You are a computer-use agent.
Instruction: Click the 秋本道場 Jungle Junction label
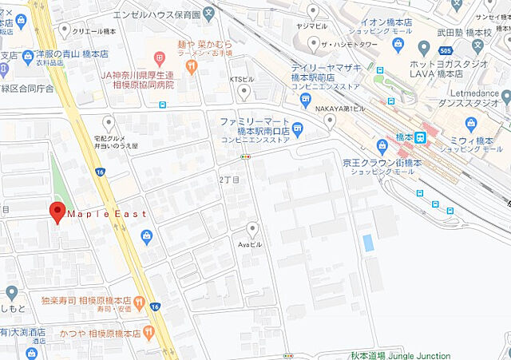(x=400, y=355)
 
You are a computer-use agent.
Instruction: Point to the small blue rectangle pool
(x=367, y=243)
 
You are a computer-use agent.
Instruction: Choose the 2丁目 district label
(x=229, y=180)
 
